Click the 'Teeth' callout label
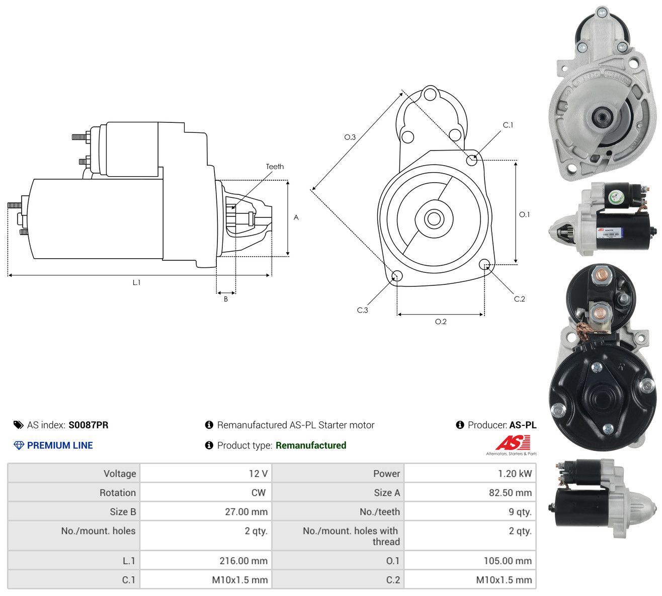click(275, 167)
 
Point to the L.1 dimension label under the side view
click(136, 282)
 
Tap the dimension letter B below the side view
click(226, 299)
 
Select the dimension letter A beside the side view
click(296, 217)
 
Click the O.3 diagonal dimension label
click(350, 137)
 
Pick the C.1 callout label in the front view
click(508, 125)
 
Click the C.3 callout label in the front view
click(362, 310)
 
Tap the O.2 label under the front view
click(441, 322)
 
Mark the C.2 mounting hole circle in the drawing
click(484, 264)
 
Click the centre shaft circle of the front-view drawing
click(434, 218)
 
